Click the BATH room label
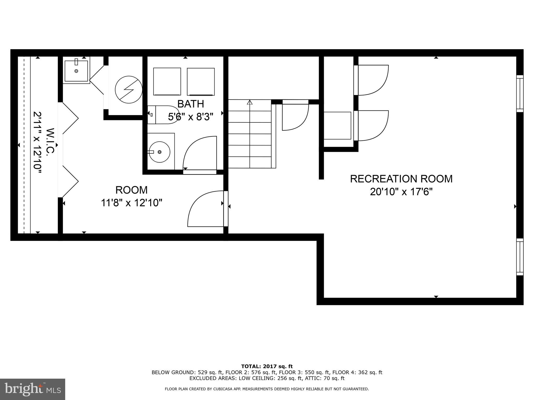[191, 104]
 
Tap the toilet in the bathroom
[162, 115]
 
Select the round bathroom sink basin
[159, 152]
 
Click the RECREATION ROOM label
[401, 179]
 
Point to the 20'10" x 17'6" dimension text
[401, 192]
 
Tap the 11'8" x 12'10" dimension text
[132, 203]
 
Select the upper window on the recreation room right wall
[520, 93]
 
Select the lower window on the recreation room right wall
[520, 257]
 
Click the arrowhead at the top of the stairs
[250, 102]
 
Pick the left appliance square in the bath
[167, 82]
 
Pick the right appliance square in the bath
[201, 82]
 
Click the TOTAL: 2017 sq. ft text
[267, 367]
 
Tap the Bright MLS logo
[33, 389]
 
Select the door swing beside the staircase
[295, 116]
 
